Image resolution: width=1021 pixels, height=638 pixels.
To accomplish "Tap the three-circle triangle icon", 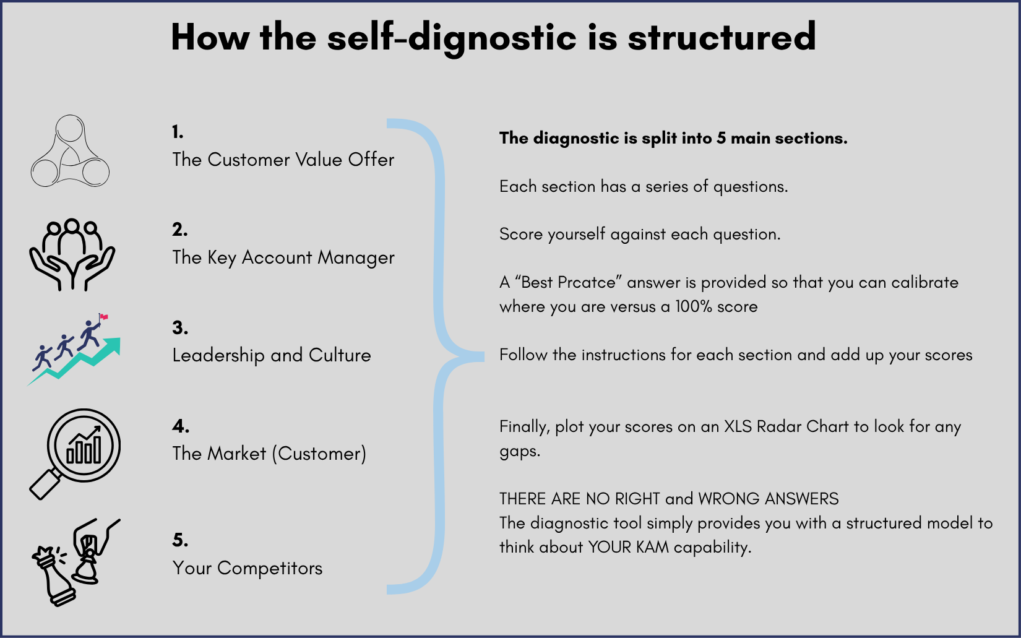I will point(70,152).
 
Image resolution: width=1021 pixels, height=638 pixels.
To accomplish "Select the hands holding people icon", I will point(72,254).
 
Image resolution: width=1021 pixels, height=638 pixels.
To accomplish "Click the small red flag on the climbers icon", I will point(103,317).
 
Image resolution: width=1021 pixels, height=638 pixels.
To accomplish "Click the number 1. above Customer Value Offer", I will point(178,132).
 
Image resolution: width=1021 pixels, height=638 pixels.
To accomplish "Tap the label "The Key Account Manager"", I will point(283,257).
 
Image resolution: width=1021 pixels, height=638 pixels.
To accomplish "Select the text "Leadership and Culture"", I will point(272,355).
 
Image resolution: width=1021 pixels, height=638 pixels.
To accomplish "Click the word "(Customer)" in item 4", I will point(319,454).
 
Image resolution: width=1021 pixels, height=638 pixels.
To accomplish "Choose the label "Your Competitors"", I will point(248,568).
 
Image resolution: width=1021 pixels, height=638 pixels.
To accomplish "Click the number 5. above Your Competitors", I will point(180,540).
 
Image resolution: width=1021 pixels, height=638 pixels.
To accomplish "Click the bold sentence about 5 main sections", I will point(673,138).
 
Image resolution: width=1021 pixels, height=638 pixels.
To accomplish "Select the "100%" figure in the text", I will point(693,307).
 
